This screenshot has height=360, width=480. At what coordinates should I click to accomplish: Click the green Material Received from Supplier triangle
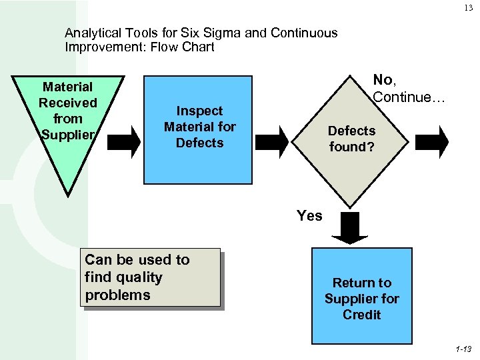[69, 120]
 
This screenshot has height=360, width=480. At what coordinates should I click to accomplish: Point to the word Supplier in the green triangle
[69, 135]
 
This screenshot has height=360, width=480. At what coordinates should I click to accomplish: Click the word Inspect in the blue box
[199, 111]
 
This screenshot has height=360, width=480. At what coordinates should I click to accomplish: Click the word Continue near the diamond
[407, 97]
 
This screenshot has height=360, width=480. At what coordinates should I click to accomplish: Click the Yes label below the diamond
[309, 215]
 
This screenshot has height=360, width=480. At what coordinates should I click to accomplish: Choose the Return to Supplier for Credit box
[362, 295]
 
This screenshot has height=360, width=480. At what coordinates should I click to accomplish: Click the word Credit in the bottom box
[362, 315]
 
